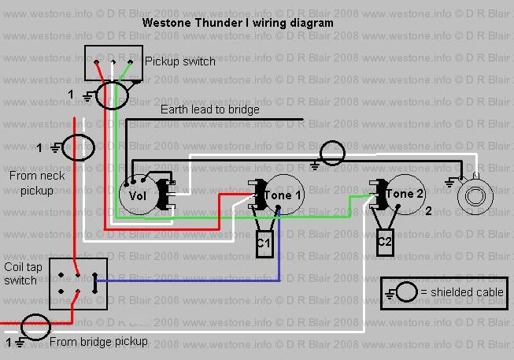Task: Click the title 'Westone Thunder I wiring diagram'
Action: point(237,23)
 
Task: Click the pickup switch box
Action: point(113,62)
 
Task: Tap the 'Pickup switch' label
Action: point(180,61)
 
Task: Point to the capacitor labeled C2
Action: point(385,241)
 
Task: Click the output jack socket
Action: point(475,192)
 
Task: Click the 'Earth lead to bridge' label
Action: point(209,109)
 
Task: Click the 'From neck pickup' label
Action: point(31,183)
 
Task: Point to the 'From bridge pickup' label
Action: point(98,342)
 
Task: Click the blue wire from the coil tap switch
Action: point(189,280)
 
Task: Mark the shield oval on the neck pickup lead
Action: point(77,147)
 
